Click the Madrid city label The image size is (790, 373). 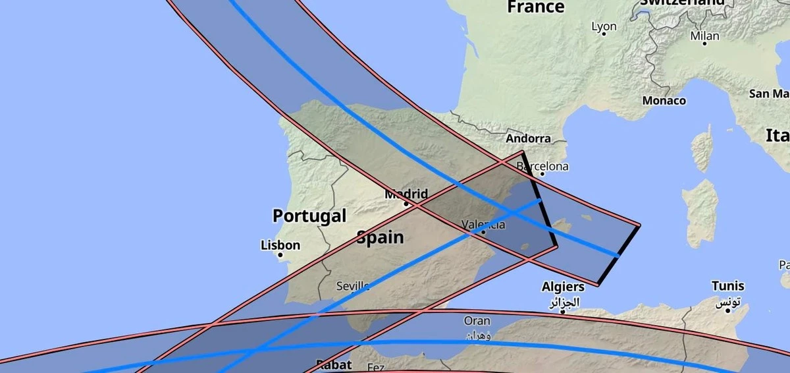click(x=406, y=194)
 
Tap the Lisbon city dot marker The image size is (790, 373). click(x=280, y=254)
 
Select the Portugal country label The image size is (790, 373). click(x=309, y=215)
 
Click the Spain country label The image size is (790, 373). click(x=380, y=237)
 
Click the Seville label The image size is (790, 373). click(x=352, y=286)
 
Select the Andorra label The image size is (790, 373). click(x=528, y=138)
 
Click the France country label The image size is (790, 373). click(x=535, y=7)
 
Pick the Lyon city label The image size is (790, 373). click(x=604, y=26)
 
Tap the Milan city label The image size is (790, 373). click(x=704, y=36)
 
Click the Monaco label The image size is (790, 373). click(x=664, y=101)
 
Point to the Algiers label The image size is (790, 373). click(x=562, y=287)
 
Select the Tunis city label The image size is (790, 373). click(x=727, y=286)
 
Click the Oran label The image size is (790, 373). click(x=477, y=321)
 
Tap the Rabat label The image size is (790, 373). click(x=334, y=364)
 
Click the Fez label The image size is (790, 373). click(x=376, y=367)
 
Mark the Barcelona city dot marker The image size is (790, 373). click(x=542, y=174)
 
